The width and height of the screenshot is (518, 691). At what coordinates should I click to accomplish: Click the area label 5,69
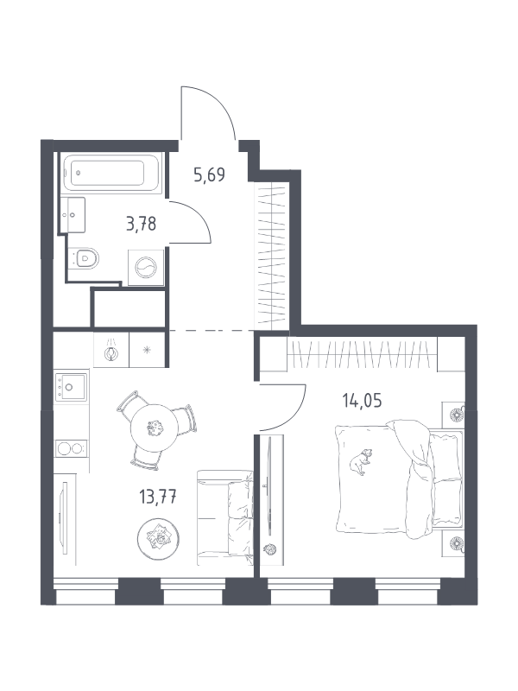point(209,175)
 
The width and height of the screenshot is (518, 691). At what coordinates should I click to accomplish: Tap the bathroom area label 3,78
point(141,224)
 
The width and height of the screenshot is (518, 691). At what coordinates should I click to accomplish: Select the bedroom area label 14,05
point(362,401)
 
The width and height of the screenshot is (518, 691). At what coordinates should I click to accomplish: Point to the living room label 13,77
point(158,498)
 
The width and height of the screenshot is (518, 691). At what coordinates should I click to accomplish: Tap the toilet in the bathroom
point(85,257)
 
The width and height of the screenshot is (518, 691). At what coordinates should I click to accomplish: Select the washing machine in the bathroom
point(146,268)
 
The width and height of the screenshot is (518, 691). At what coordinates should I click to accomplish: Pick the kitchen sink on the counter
point(71,385)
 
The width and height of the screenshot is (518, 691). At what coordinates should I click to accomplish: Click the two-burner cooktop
point(71,448)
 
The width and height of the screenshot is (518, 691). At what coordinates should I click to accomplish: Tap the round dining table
point(155,428)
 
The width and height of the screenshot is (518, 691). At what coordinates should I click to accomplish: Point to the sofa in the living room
point(225,517)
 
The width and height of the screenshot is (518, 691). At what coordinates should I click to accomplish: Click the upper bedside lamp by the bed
point(455,415)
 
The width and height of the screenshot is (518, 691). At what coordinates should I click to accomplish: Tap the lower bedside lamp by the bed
point(455,543)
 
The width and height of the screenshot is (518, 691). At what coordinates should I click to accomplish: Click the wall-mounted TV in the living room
point(65,517)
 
